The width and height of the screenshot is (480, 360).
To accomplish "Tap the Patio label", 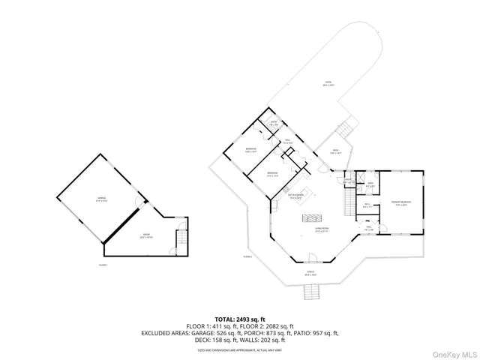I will click(x=328, y=83).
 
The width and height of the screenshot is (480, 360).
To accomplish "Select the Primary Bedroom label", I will click(x=398, y=202).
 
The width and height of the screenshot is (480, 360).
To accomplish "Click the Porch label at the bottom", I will click(x=310, y=274).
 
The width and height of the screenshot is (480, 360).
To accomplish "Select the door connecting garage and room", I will click(x=135, y=203).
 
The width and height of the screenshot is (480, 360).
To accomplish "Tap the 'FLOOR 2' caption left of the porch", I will click(x=247, y=257).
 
